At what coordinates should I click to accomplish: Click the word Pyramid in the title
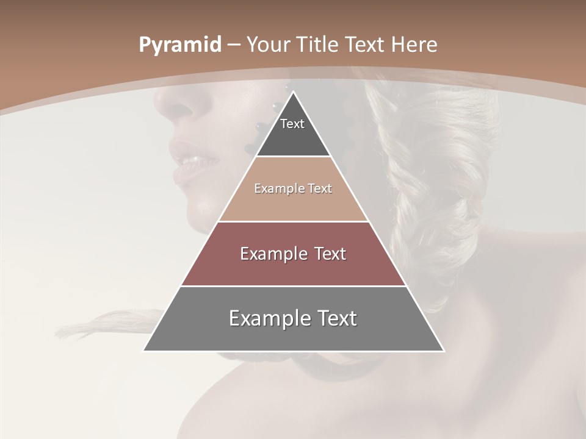pos(180,45)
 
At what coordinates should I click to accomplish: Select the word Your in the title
pos(268,45)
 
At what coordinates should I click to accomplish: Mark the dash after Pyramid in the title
pos(234,45)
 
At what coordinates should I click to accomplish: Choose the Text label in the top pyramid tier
pos(292,124)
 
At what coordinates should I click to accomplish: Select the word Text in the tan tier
pos(320,189)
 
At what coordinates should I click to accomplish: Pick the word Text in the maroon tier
pos(329,254)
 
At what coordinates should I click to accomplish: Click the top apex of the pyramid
pos(293,92)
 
